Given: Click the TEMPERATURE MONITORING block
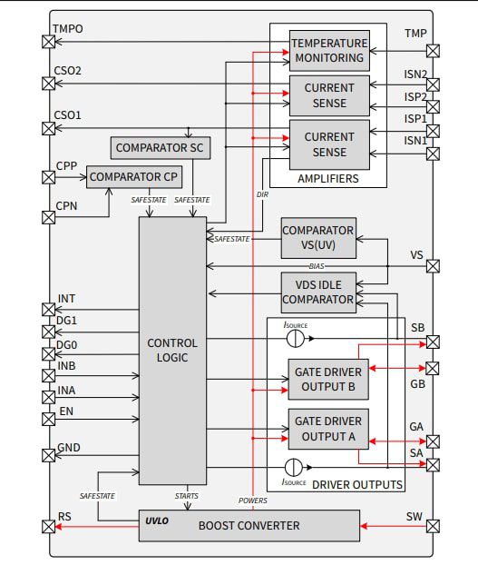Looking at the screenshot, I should [329, 50].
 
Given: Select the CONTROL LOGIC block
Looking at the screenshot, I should [172, 350].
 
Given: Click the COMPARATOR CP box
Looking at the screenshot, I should [133, 176].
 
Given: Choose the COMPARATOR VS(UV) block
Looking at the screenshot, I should [317, 239].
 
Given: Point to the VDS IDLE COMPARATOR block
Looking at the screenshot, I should [317, 292].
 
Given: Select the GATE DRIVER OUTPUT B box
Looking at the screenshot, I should [329, 380].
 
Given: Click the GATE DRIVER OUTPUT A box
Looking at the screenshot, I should [329, 429].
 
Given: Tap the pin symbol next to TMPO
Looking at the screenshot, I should [47, 41].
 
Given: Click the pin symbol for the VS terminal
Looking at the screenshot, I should [434, 267].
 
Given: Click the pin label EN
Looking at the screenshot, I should [65, 411].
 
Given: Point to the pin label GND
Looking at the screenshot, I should [69, 448].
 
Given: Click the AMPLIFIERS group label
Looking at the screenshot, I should [327, 179].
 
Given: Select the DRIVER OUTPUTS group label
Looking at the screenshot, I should [356, 484].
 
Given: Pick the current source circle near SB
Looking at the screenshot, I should [293, 337].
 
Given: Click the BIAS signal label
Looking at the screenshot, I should [317, 266].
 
